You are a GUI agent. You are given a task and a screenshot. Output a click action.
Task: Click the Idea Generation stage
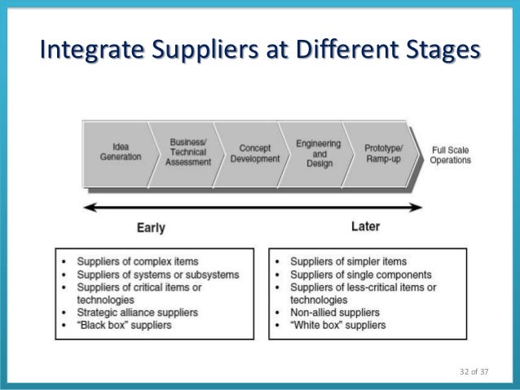120,152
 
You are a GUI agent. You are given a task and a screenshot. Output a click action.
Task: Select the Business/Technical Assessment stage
187,152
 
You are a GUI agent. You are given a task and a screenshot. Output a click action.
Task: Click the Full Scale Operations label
450,155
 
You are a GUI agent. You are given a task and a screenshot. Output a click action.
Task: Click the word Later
365,226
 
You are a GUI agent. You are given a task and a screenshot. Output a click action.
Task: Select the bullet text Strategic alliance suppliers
137,313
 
